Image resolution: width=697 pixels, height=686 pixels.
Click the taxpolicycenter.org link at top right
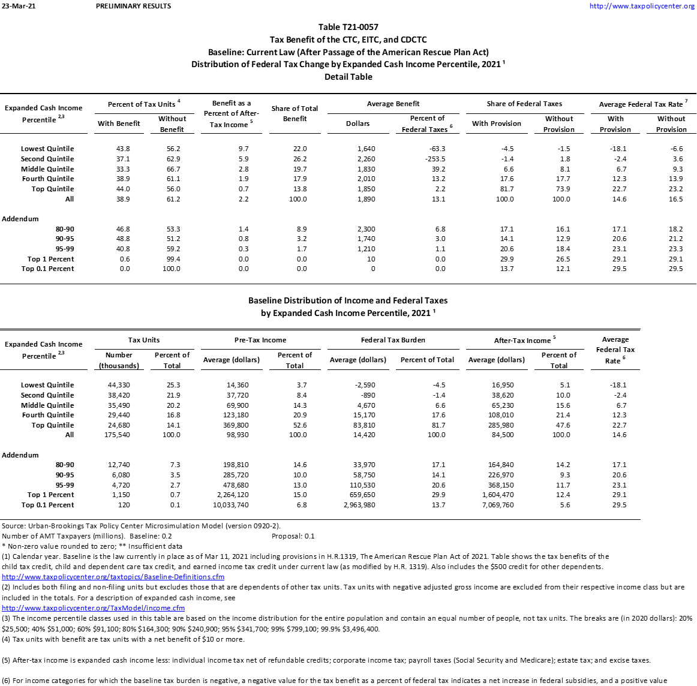pos(642,6)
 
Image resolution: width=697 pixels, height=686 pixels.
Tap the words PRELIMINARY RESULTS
pos(133,6)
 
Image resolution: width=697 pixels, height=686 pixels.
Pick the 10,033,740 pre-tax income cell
pos(226,505)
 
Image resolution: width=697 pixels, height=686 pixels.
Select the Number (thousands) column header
pos(119,360)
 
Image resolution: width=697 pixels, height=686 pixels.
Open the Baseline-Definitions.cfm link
pos(113,577)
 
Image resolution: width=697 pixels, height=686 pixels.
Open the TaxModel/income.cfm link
pos(93,607)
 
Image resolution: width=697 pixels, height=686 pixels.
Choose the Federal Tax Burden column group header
pos(393,340)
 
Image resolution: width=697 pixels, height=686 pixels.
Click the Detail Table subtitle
pos(348,77)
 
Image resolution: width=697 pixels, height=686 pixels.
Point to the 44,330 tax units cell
pos(119,385)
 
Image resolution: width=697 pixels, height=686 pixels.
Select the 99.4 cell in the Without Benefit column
pos(173,259)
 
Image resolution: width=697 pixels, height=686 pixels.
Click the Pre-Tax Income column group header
pos(260,340)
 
